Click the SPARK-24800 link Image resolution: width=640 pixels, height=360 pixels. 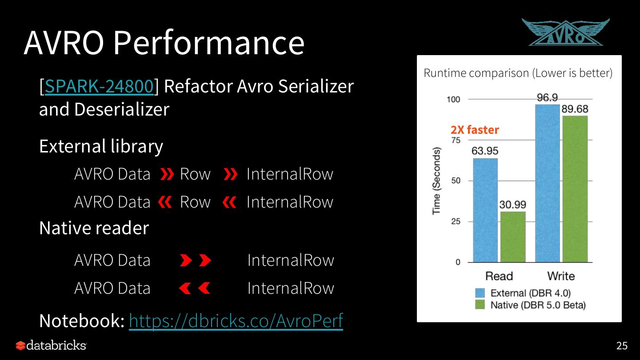[x=99, y=86]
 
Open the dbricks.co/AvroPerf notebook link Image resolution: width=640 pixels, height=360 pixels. [x=236, y=320]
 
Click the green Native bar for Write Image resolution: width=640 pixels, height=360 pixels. [x=575, y=189]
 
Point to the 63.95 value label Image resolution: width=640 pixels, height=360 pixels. [x=485, y=151]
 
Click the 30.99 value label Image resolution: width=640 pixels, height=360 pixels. [x=512, y=204]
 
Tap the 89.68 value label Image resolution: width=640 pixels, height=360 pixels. [x=575, y=109]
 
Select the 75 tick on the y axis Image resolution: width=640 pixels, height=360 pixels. [x=456, y=140]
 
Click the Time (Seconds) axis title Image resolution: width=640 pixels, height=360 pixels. [x=436, y=180]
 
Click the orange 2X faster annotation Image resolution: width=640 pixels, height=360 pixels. [x=475, y=130]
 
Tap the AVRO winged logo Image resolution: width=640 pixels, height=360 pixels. [x=565, y=32]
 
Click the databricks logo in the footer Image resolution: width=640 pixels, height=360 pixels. [x=51, y=345]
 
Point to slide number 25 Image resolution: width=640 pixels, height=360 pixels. [x=622, y=346]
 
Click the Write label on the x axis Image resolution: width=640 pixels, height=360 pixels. [x=561, y=276]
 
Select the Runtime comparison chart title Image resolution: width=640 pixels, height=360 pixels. [x=518, y=73]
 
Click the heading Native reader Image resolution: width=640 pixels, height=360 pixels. [x=94, y=228]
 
